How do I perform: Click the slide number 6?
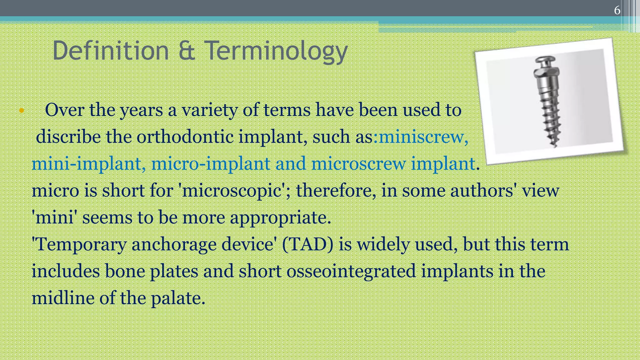click(x=617, y=10)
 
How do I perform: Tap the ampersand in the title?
click(x=187, y=51)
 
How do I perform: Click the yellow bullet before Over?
click(x=21, y=110)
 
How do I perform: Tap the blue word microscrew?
click(x=358, y=164)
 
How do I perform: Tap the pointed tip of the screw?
click(x=555, y=145)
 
